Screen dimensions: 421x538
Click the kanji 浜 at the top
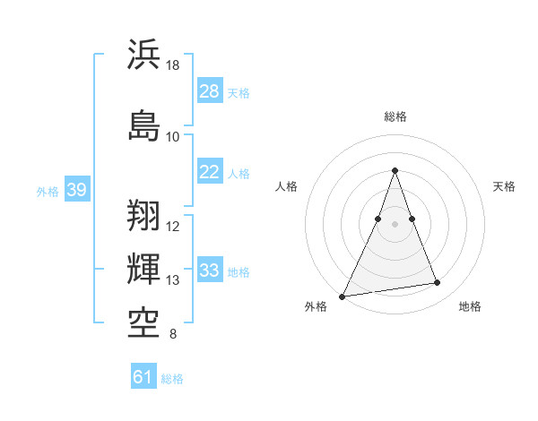click(144, 55)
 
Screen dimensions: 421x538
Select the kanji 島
click(144, 125)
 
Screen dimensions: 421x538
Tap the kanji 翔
click(144, 214)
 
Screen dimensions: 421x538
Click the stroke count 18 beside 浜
click(173, 65)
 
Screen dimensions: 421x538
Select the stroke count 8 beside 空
click(173, 335)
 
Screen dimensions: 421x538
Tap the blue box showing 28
click(210, 91)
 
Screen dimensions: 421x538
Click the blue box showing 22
click(210, 172)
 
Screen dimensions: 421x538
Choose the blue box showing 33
click(210, 271)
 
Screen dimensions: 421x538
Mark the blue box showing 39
click(77, 190)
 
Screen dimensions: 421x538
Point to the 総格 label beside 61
click(172, 379)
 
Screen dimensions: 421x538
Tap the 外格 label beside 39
click(48, 191)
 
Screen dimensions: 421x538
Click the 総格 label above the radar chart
click(395, 116)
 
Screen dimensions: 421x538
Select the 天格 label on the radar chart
click(505, 186)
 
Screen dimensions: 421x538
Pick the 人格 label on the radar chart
click(286, 186)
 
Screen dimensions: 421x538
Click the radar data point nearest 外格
click(342, 296)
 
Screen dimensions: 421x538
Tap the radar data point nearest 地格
click(438, 283)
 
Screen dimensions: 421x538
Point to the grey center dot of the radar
click(395, 224)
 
